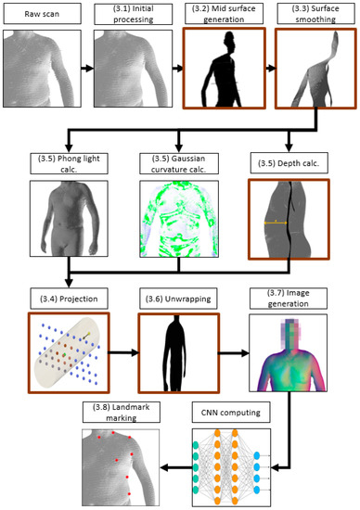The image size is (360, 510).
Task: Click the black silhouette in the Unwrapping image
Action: pyautogui.click(x=176, y=351)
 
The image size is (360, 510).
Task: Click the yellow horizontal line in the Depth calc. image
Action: pyautogui.click(x=275, y=223)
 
